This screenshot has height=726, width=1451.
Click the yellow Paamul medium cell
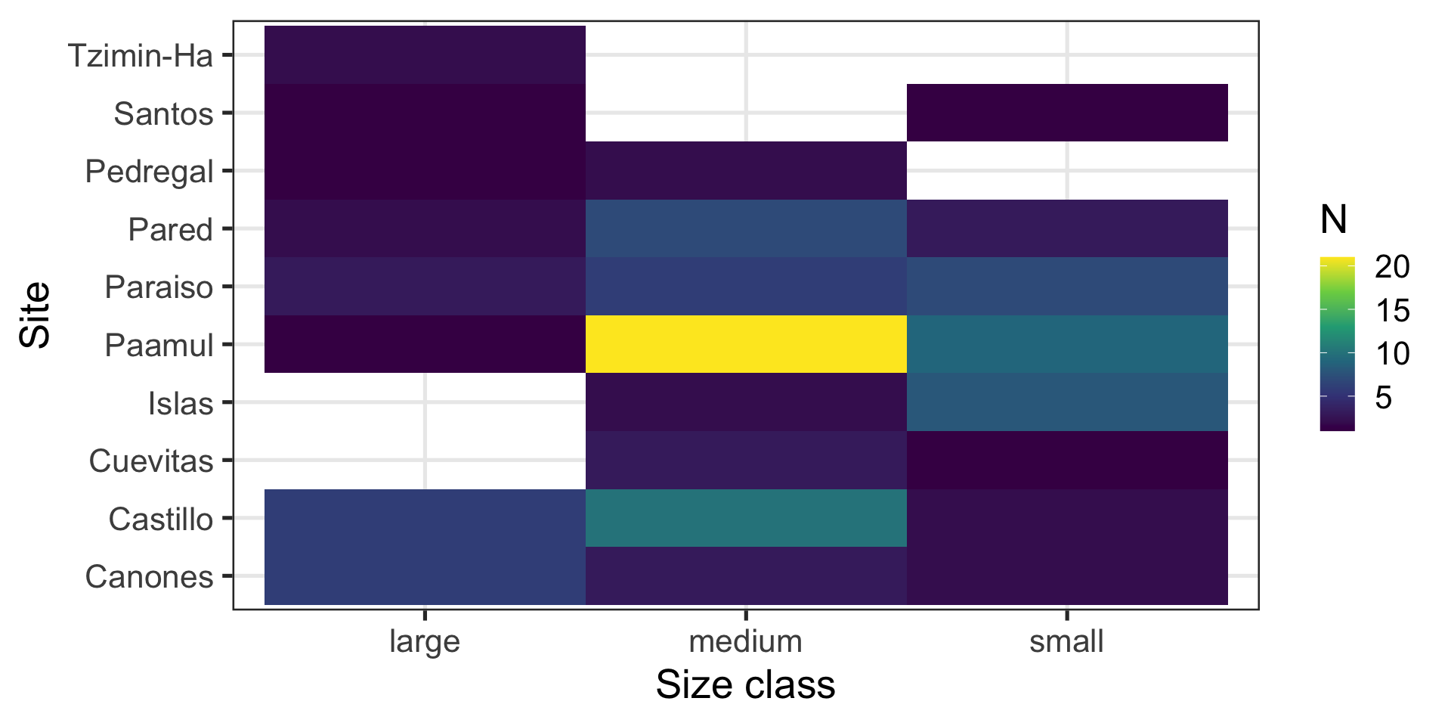[x=746, y=344]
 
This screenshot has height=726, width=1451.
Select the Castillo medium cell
[x=746, y=518]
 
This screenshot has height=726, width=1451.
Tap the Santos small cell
[x=1067, y=113]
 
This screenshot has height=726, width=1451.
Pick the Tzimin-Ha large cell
[x=425, y=54]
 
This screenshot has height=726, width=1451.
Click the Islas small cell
[x=1067, y=402]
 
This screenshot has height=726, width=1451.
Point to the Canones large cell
[x=425, y=576]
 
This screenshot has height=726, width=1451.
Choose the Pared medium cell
[x=746, y=228]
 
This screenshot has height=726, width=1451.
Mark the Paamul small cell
[x=1067, y=344]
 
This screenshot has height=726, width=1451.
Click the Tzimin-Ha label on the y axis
[x=141, y=55]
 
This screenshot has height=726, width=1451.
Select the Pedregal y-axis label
[x=149, y=171]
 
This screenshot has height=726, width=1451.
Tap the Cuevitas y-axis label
[x=151, y=461]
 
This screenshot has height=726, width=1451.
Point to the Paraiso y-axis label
[x=159, y=287]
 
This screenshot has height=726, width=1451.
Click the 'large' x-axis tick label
[x=425, y=641]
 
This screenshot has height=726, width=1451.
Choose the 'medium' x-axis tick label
[x=746, y=641]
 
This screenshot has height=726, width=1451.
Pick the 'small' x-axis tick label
[x=1066, y=641]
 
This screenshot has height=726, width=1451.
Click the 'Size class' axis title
[x=746, y=684]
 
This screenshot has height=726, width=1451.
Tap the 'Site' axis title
[x=36, y=315]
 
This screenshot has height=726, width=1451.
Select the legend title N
[x=1334, y=219]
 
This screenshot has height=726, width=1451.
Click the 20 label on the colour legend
[x=1392, y=266]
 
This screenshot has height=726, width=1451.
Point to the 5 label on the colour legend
[x=1383, y=397]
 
